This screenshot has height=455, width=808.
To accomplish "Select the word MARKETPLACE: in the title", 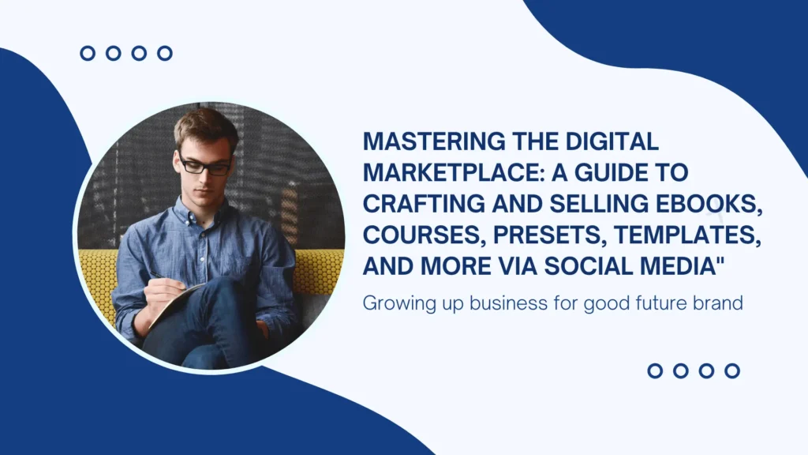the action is [454, 173].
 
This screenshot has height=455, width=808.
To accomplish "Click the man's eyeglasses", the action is [204, 166].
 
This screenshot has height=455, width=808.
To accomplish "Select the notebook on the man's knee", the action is [175, 304].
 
